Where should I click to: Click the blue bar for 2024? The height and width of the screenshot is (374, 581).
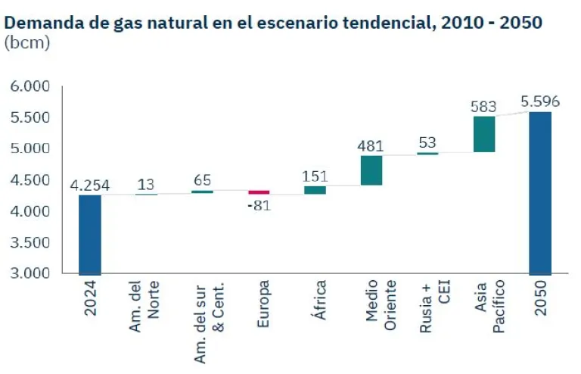(x=89, y=235)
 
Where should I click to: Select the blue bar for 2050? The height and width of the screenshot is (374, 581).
(x=540, y=193)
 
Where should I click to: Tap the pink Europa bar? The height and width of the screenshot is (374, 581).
(x=259, y=192)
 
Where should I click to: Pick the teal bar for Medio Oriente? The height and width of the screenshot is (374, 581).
(x=371, y=170)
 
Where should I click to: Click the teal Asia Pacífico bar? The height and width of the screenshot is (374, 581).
(x=484, y=134)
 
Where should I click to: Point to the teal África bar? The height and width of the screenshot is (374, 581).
(x=315, y=190)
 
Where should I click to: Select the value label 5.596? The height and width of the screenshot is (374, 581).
(x=540, y=101)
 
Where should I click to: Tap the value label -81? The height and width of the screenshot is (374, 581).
(x=259, y=206)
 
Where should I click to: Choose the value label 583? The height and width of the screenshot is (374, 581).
(x=484, y=106)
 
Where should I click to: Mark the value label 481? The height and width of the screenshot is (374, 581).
(x=371, y=145)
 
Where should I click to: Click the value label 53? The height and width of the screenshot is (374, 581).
(x=427, y=142)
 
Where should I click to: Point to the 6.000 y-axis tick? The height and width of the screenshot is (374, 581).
(x=30, y=86)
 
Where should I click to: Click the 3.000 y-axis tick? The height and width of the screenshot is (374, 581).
(x=30, y=273)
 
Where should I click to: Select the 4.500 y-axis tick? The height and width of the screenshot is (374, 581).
(x=30, y=180)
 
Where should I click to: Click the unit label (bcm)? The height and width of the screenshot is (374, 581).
(x=27, y=42)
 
